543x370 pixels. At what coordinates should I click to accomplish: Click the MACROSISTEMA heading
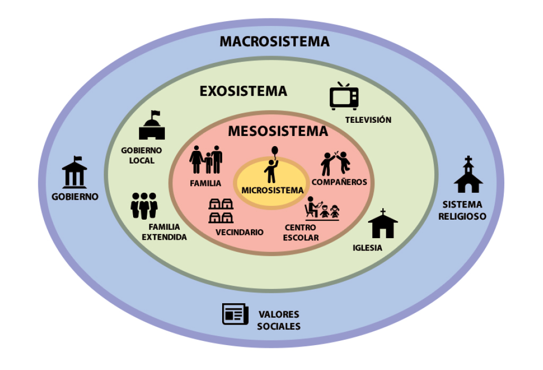274,41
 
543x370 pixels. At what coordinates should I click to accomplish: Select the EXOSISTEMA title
243,91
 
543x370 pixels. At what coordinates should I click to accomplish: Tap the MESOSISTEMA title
278,131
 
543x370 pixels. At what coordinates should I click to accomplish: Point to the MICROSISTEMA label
272,190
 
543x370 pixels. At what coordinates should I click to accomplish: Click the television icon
344,96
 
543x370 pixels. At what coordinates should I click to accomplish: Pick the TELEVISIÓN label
368,120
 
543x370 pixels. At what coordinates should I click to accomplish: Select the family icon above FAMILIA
206,160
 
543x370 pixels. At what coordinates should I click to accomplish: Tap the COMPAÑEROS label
339,182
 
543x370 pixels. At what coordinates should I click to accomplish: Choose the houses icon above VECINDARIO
221,211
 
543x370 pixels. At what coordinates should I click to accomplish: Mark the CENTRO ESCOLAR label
301,232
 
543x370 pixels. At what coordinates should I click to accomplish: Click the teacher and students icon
322,209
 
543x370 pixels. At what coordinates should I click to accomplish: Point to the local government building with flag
152,125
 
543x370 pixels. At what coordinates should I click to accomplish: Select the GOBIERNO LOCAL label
141,155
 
